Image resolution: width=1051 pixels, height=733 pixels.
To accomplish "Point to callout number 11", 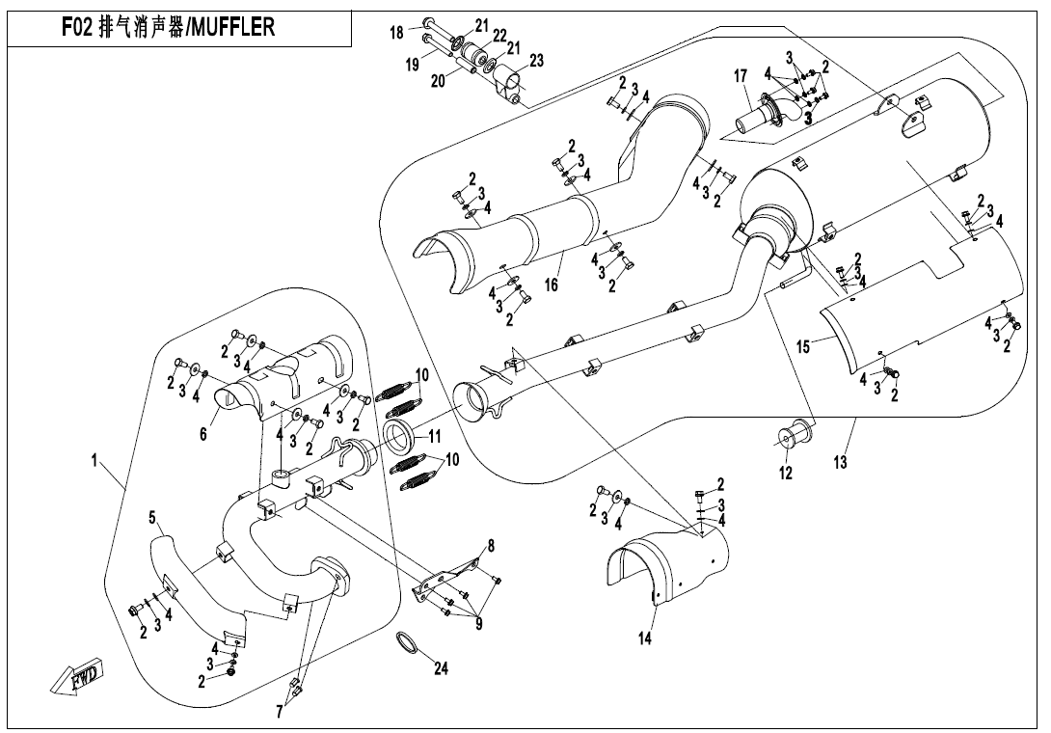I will (434, 436).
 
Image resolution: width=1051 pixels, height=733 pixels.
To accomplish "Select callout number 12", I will (786, 473).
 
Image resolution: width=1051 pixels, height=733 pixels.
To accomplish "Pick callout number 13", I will (841, 463).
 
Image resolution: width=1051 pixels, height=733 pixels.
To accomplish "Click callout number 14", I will (645, 638).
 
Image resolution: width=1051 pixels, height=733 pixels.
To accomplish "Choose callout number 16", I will (552, 285).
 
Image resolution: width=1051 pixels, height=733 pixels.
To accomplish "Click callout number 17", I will (741, 75).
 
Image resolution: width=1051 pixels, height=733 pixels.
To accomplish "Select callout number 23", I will (536, 61).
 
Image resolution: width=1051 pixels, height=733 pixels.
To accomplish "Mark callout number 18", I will (396, 33).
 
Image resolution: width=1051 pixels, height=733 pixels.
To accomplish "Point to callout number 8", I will (491, 546).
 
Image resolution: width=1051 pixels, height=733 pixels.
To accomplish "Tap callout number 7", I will (280, 713).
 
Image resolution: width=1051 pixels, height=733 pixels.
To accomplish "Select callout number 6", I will (203, 435).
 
